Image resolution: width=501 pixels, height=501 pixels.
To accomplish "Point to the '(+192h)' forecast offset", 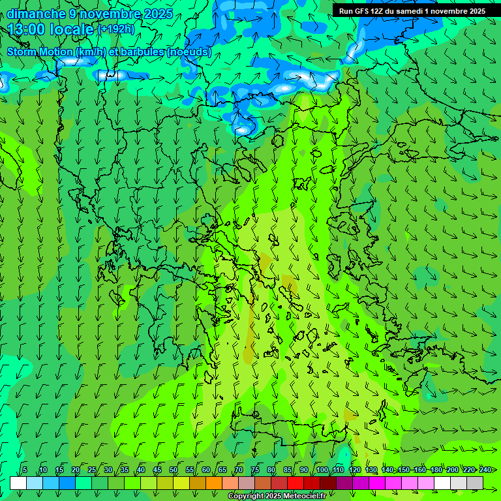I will tap(116, 29).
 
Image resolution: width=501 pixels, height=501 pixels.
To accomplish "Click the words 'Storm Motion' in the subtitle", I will tap(39, 52).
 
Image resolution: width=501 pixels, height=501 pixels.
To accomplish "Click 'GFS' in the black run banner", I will tap(361, 11).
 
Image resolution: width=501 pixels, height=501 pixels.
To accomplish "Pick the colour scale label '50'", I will tap(174, 470).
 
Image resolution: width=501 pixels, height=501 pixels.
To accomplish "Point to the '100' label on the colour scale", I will tap(322, 470).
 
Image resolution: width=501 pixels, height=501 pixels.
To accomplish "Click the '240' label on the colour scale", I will tap(485, 470).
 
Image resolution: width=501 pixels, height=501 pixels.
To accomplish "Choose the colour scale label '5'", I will tap(25, 470).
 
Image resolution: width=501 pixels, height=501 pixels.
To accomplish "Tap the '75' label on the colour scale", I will tap(255, 470).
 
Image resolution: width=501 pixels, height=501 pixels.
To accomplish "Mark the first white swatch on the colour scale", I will tap(18, 483).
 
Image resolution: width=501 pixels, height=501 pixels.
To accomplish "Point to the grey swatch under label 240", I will tap(475, 483).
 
